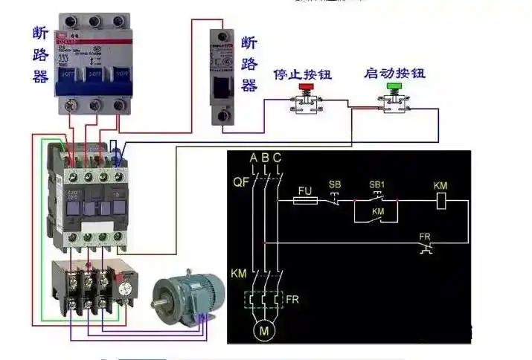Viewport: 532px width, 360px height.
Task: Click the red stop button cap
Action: tap(306, 88)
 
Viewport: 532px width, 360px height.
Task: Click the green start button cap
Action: tap(394, 87)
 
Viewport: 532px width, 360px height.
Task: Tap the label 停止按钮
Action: tap(302, 75)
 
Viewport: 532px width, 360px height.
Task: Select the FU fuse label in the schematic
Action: tap(304, 190)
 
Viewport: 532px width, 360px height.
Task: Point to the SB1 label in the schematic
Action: tap(377, 184)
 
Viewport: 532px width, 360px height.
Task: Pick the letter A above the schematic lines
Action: tap(254, 158)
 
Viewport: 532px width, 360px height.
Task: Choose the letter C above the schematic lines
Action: tap(277, 158)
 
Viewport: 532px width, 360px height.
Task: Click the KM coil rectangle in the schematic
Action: tap(440, 200)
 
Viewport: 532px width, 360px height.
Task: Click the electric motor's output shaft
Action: tap(158, 304)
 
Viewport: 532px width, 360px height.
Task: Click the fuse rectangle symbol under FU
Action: tap(306, 200)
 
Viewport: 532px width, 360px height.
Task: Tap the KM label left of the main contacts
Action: tap(240, 274)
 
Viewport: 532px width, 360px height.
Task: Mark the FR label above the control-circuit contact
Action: tap(424, 237)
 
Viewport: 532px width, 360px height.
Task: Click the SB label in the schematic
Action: tap(335, 184)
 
